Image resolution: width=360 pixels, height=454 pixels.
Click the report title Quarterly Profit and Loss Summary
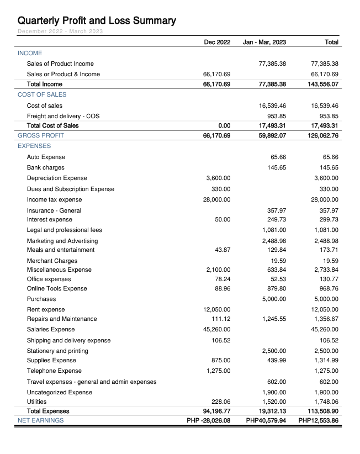tap(97, 21)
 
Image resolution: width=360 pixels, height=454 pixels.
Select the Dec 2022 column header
tap(217, 42)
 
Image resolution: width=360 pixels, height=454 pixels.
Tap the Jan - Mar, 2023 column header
tap(264, 42)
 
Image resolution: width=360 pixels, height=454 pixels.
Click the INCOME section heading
tap(30, 53)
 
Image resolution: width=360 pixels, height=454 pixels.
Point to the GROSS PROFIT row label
tap(41, 135)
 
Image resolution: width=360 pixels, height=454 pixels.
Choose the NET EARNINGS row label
tap(40, 420)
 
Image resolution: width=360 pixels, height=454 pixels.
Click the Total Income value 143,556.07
tap(323, 85)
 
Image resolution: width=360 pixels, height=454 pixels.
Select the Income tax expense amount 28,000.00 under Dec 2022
tap(217, 199)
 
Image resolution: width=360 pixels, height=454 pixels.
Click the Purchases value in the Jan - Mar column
tap(274, 299)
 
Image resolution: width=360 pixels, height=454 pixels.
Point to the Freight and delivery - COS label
tap(63, 117)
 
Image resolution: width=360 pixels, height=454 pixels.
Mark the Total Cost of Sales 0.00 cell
tap(223, 125)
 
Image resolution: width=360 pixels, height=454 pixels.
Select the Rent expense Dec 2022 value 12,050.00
tap(217, 310)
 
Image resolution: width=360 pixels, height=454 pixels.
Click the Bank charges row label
tap(45, 167)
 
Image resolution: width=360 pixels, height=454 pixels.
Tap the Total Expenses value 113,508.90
tap(323, 411)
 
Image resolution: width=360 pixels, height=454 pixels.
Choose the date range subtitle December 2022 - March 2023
tap(60, 31)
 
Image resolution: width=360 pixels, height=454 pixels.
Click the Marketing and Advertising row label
tap(62, 241)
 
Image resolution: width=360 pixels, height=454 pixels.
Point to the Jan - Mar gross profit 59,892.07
tap(272, 135)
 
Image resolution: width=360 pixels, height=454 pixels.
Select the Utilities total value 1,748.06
tap(326, 402)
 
